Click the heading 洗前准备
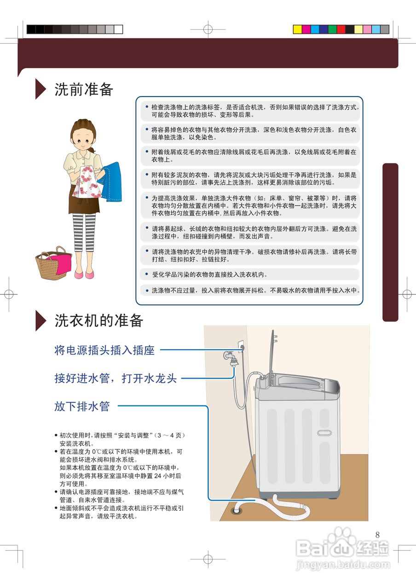84,89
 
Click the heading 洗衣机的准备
99,321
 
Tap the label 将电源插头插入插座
104,351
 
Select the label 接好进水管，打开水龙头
116,379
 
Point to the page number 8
378,535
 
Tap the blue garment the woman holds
110,181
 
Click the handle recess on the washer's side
324,433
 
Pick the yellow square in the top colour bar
298,29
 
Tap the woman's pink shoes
85,274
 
